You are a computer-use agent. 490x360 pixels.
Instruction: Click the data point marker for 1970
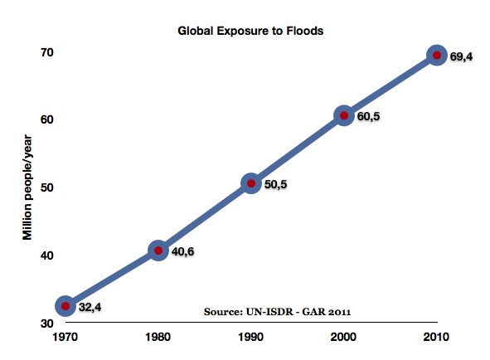(x=65, y=306)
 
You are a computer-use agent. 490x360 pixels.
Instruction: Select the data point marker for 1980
(x=158, y=250)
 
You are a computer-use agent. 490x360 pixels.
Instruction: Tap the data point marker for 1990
(x=251, y=183)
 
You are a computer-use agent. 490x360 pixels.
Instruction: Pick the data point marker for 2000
(x=344, y=115)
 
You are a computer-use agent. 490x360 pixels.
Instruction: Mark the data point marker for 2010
(x=437, y=56)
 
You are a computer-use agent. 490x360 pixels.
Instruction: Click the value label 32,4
(x=90, y=308)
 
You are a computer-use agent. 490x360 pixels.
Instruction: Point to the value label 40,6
(x=182, y=251)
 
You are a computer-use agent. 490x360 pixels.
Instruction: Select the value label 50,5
(x=275, y=185)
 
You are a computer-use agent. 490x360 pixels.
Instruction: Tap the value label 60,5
(x=368, y=117)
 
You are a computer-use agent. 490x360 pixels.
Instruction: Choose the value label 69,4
(x=461, y=57)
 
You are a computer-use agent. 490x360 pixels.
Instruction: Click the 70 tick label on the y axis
(x=46, y=52)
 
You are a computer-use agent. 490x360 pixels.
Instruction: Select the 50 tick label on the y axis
(x=46, y=187)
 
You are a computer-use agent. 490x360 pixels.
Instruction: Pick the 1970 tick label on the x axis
(x=65, y=338)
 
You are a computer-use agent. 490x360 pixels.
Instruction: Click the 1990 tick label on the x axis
(x=250, y=338)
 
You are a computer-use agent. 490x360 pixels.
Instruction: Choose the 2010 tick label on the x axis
(x=436, y=338)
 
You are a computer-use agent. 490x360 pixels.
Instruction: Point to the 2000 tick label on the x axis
(x=343, y=338)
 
